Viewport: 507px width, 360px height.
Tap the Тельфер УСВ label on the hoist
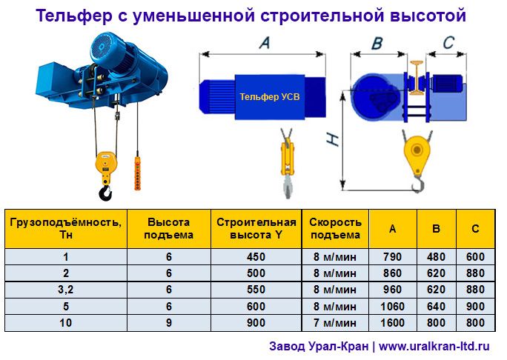(270, 96)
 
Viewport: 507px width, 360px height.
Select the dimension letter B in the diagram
(377, 44)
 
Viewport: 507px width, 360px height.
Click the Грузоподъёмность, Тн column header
(65, 228)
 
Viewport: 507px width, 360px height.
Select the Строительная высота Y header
(256, 228)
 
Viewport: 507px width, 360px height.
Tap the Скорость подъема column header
(336, 228)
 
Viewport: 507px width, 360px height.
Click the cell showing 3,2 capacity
(65, 290)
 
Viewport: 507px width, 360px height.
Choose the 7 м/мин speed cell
(336, 323)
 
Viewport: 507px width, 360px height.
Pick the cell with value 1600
(392, 323)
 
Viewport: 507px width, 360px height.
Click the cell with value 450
(256, 257)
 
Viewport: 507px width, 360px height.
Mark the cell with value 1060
(392, 306)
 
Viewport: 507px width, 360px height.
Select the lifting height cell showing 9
(169, 323)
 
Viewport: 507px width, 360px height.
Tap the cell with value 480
(436, 257)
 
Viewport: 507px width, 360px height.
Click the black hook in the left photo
(105, 193)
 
